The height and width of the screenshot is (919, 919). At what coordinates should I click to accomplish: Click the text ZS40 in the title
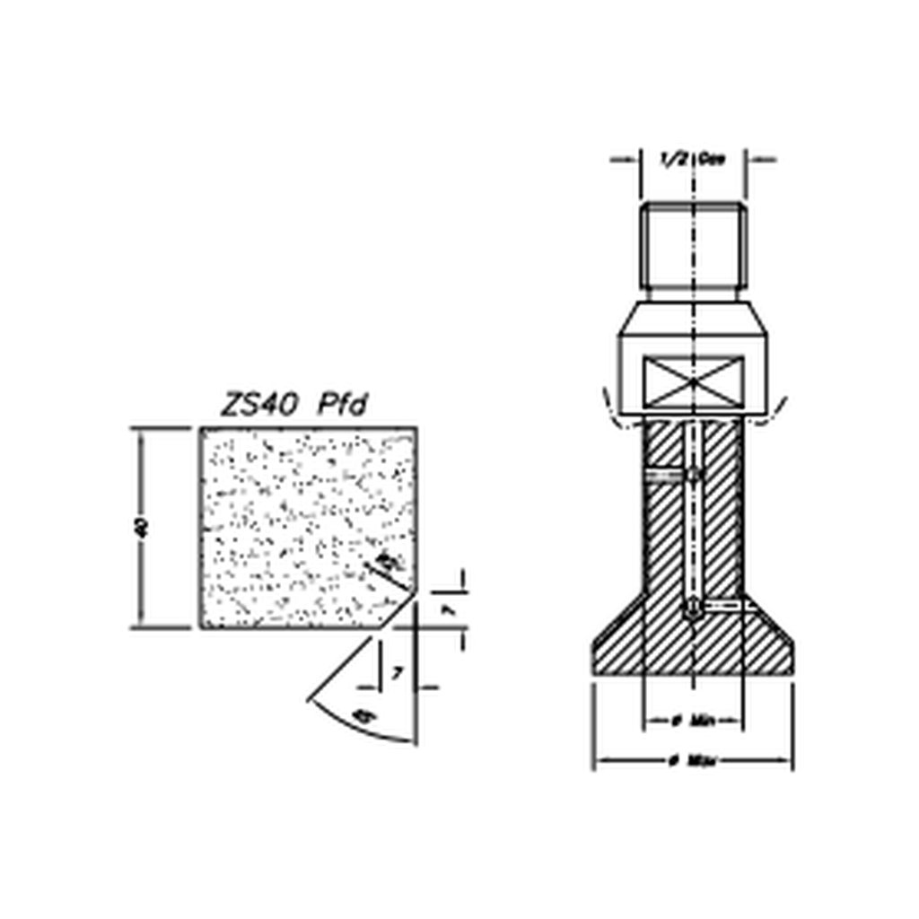pos(260,406)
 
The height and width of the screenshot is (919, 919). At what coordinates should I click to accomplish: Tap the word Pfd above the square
pos(343,406)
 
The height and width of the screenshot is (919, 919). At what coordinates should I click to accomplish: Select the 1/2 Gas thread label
pos(693,159)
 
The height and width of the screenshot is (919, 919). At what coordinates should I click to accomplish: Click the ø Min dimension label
pos(692,720)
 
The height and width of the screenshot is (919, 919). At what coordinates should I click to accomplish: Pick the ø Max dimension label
pos(692,761)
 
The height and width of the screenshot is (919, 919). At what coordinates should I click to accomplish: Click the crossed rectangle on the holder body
pos(694,381)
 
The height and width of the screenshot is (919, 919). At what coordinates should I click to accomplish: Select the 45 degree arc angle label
pos(362,715)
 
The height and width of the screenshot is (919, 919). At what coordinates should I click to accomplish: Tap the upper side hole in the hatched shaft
pos(694,474)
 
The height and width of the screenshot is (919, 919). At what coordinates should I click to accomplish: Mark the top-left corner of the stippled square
pos(201,429)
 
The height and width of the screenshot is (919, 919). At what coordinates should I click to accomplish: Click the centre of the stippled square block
pos(307,528)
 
